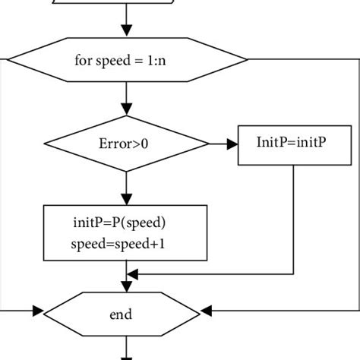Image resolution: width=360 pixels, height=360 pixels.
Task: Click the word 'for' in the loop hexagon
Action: click(84, 58)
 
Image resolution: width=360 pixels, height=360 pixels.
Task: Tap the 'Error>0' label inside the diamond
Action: click(126, 141)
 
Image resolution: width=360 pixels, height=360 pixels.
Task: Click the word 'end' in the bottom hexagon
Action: click(127, 311)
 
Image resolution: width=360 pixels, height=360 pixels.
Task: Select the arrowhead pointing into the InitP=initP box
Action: click(232, 142)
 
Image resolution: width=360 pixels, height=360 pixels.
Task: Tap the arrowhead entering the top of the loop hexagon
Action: click(127, 31)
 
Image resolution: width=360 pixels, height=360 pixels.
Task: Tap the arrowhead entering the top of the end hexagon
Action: click(127, 286)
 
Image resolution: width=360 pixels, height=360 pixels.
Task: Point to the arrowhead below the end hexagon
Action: click(127, 355)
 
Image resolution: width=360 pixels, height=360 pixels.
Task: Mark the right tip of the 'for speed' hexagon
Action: click(248, 58)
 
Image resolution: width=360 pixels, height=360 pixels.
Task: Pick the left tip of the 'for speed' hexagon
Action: click(6, 58)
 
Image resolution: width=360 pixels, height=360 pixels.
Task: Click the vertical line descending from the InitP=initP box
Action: click(294, 220)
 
